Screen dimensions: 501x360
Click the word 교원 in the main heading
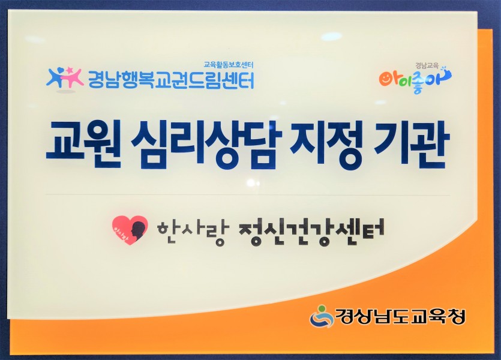coord(84,144)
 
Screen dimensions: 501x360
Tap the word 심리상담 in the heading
coord(206,144)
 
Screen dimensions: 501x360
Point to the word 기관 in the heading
coord(409,143)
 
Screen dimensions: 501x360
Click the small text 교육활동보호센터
coord(229,65)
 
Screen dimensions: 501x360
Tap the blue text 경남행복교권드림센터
coord(171,80)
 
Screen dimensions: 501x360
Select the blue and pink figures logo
coord(65,77)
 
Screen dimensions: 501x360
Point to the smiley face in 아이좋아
coord(387,79)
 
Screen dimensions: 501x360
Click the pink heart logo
coord(130,230)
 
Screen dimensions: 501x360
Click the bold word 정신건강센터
coord(311,232)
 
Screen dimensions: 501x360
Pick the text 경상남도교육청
coord(400,316)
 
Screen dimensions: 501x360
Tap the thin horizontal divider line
coord(248,194)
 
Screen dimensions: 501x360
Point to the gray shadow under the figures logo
coord(66,91)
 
